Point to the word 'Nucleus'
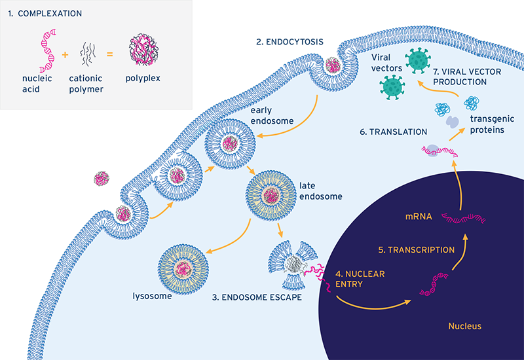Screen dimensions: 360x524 465,325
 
